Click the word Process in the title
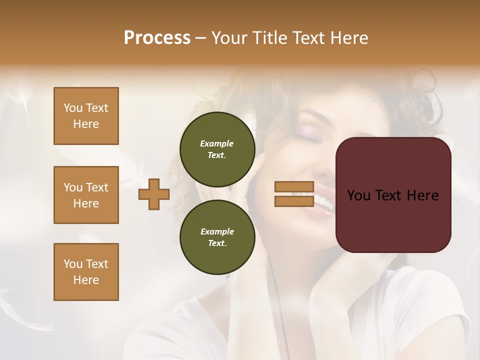point(157,38)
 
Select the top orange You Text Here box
point(86,116)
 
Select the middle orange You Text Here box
point(86,195)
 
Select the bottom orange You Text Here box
point(86,272)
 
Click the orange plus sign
point(154,194)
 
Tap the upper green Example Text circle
point(217,149)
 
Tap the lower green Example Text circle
point(217,237)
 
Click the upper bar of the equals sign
point(294,186)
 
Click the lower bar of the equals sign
point(294,201)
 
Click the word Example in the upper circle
point(217,143)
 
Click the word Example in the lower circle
point(217,231)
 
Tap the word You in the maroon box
point(358,195)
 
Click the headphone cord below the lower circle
point(274,295)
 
